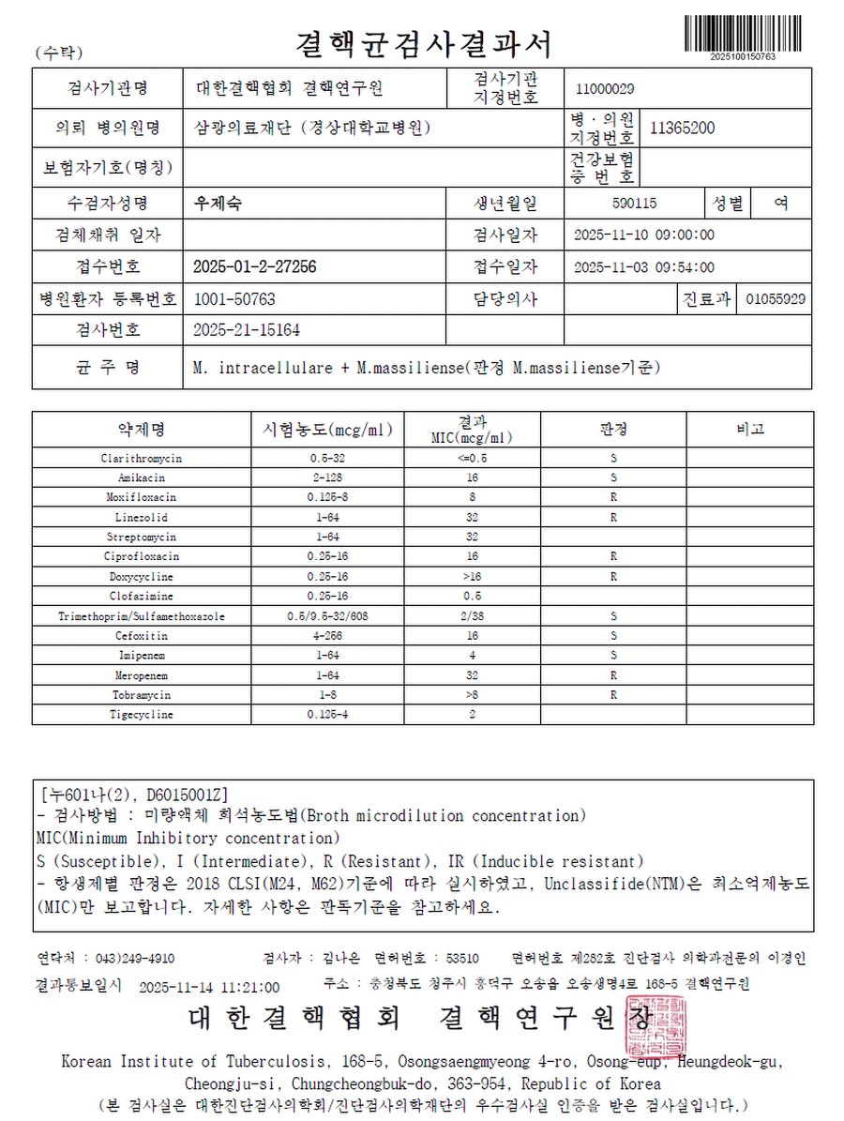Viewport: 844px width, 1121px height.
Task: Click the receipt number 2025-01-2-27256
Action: click(254, 267)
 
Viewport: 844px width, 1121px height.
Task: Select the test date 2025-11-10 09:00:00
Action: click(643, 235)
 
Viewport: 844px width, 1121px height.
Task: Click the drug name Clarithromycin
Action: click(141, 458)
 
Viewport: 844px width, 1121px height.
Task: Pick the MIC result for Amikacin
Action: click(473, 477)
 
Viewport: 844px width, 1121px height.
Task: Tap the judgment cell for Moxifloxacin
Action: click(612, 497)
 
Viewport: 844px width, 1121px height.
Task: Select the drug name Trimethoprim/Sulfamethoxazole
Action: click(141, 616)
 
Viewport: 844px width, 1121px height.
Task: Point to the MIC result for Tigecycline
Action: click(473, 715)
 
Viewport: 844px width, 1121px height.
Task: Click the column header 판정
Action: click(612, 430)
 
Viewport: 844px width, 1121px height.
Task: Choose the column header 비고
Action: click(750, 430)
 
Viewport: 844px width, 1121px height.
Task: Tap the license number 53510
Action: click(463, 959)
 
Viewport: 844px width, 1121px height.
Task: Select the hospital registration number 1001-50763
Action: click(234, 299)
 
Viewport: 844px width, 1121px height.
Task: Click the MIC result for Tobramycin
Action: click(473, 695)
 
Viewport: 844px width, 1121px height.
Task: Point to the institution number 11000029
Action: click(606, 89)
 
